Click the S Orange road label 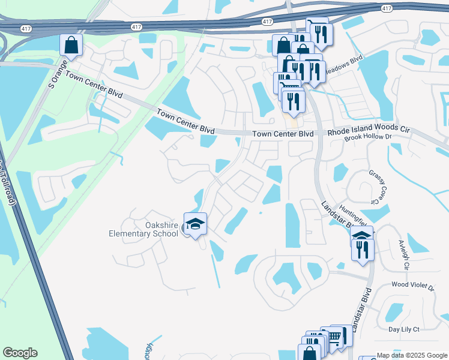pos(60,74)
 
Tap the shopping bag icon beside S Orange pos(71,46)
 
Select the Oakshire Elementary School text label pos(144,229)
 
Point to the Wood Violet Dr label pos(412,287)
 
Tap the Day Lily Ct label pos(403,329)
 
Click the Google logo pos(20,353)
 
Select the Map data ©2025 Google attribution pos(411,355)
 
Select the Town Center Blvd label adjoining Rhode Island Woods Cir pos(283,134)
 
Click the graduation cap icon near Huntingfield pos(361,235)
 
